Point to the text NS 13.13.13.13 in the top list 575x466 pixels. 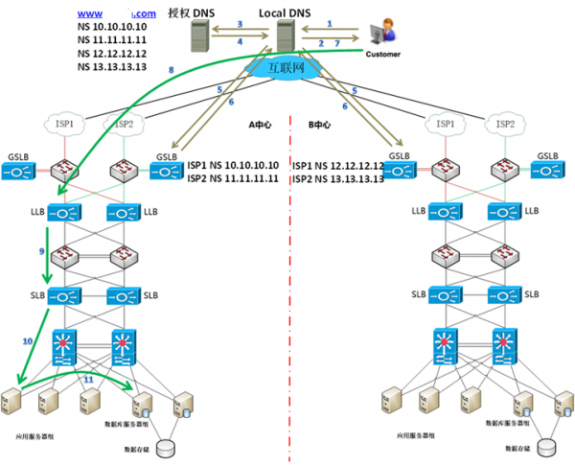tap(111, 67)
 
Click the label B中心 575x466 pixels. tap(318, 125)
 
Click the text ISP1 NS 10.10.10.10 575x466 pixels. tap(233, 165)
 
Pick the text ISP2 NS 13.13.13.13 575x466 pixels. tap(337, 178)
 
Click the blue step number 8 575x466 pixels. tap(171, 70)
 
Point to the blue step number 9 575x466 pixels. tap(42, 250)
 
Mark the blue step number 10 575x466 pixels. tap(27, 340)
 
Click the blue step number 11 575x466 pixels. tap(89, 381)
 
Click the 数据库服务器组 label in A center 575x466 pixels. tap(128, 423)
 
